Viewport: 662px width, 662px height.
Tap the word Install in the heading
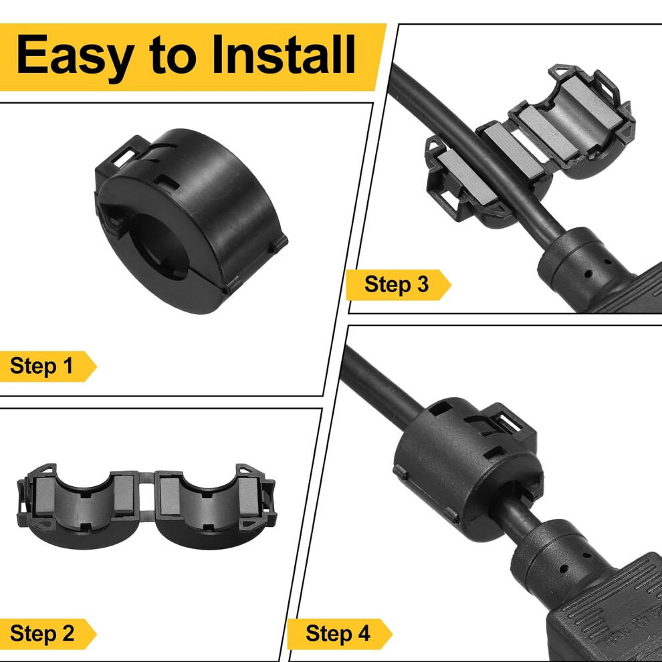(x=284, y=54)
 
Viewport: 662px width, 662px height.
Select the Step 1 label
(x=41, y=366)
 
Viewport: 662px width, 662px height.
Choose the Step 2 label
(x=42, y=633)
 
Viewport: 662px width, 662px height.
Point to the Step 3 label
(x=397, y=284)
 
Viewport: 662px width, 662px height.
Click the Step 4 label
(x=338, y=633)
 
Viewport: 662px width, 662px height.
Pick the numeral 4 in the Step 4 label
(x=364, y=633)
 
